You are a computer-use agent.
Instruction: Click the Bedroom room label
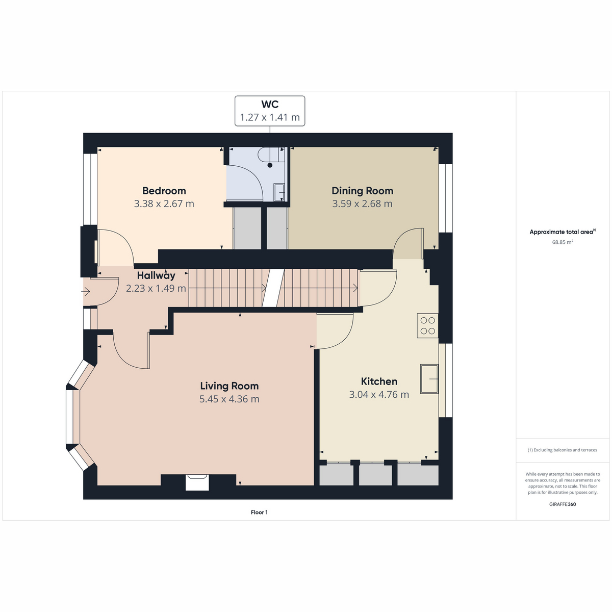(164, 191)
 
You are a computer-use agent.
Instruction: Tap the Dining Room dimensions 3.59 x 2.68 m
(362, 203)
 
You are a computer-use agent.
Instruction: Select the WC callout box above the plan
(270, 111)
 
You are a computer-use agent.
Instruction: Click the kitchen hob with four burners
(427, 325)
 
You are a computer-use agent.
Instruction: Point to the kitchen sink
(429, 379)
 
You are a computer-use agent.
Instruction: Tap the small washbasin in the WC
(279, 192)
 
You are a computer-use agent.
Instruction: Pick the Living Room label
(229, 386)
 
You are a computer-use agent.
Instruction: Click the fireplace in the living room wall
(197, 482)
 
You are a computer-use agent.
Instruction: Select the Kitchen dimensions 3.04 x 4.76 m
(379, 394)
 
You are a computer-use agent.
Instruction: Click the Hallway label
(156, 275)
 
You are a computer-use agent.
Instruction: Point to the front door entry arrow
(86, 291)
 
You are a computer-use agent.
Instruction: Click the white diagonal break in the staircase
(273, 288)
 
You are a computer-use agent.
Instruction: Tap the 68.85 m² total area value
(563, 242)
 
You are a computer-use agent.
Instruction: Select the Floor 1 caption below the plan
(259, 512)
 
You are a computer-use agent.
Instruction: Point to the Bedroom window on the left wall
(90, 190)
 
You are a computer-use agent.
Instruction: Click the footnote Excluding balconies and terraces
(562, 450)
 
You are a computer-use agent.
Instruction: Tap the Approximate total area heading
(563, 232)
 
